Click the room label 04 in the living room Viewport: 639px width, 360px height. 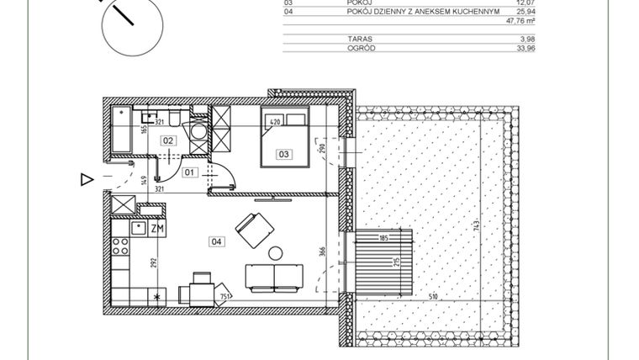(216, 241)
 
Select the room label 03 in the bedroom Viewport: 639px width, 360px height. (284, 154)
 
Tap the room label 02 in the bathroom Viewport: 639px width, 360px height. (167, 140)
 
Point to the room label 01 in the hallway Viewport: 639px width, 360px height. (189, 173)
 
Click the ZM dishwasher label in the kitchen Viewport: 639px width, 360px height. (157, 228)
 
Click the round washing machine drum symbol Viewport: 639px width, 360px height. (196, 131)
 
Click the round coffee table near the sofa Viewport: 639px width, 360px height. (275, 252)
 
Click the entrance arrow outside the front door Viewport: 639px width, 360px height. (85, 178)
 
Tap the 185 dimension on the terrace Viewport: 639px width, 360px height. (383, 239)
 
